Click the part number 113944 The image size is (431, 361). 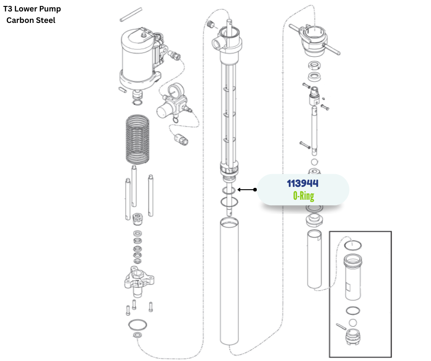303,184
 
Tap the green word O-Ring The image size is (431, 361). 303,196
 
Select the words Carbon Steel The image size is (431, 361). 31,20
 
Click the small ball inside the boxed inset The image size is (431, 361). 353,323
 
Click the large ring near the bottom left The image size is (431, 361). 138,325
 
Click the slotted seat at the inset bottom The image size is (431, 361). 353,339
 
